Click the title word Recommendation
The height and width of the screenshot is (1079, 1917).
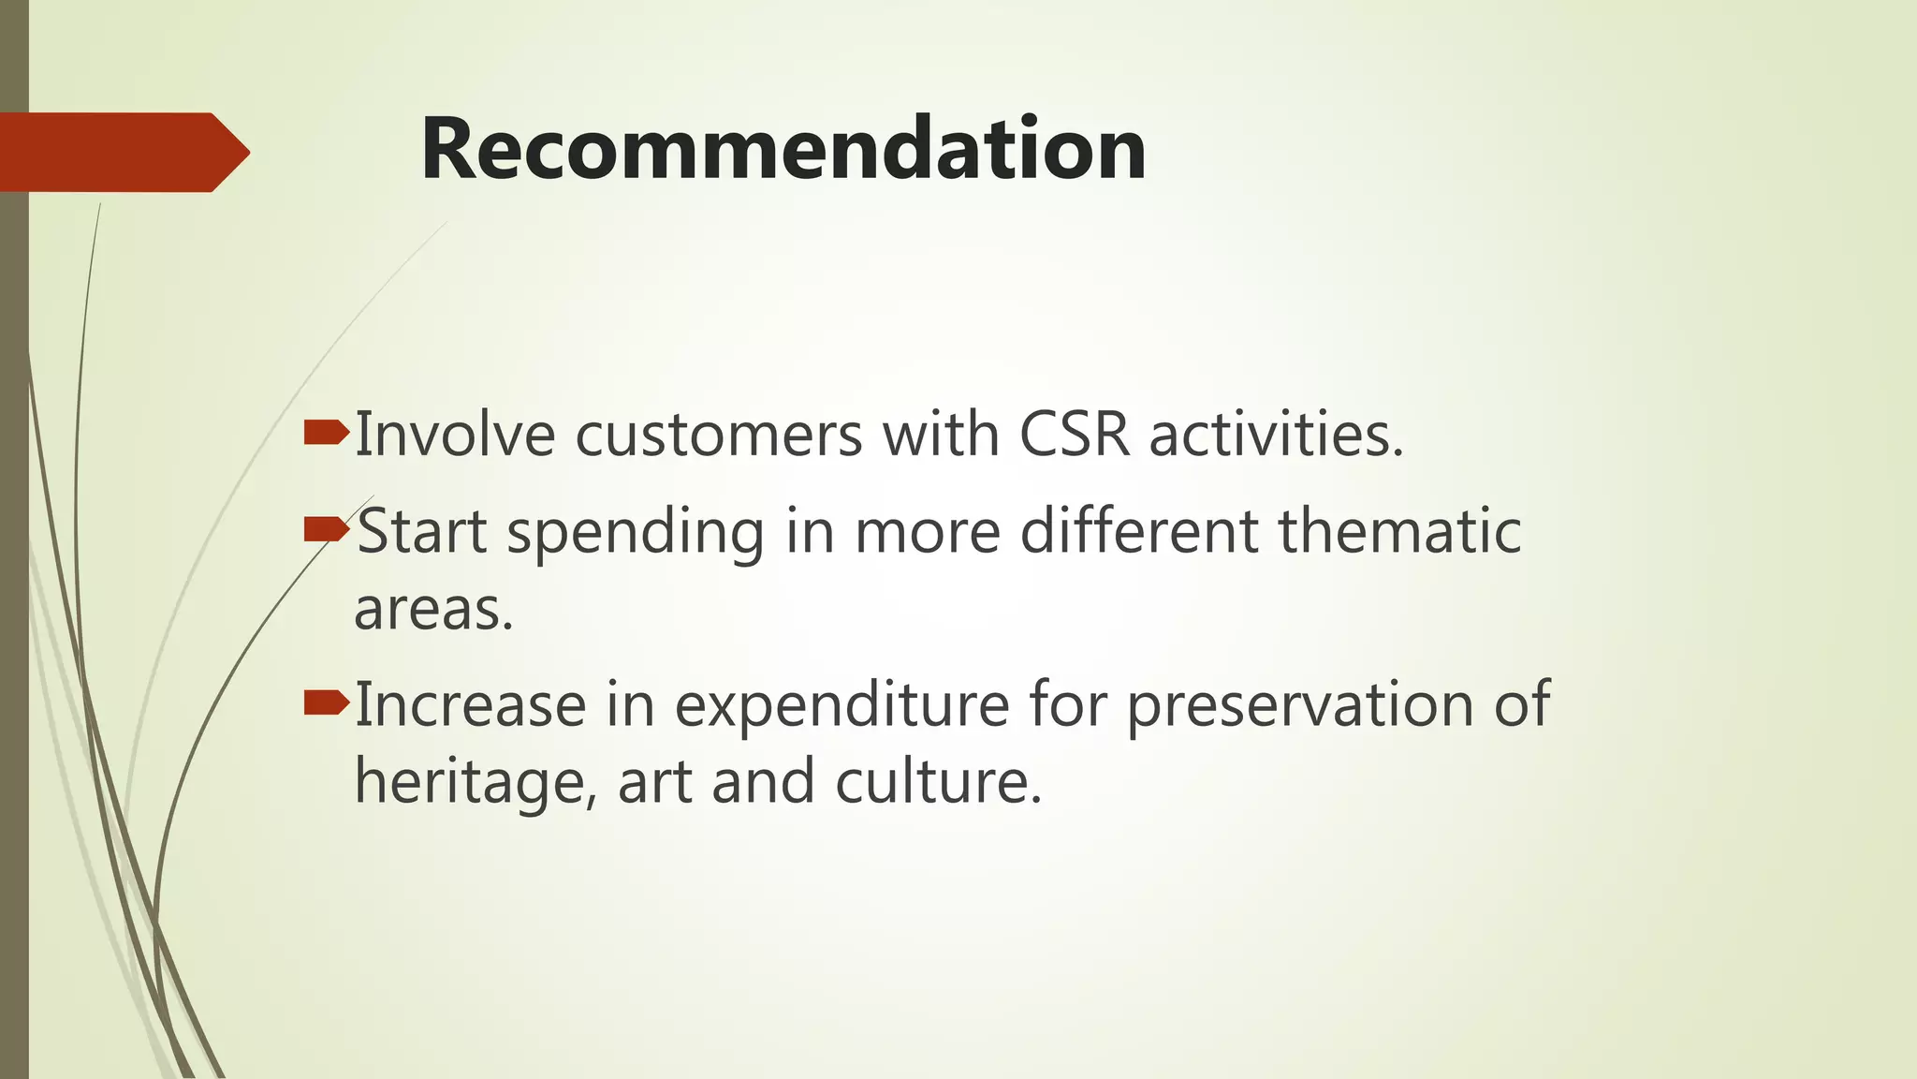(x=783, y=149)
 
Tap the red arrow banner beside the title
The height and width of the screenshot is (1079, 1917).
(x=122, y=152)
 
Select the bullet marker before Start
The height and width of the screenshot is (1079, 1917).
(x=326, y=531)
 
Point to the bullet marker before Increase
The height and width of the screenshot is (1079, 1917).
(x=326, y=702)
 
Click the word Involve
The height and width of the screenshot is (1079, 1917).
(x=455, y=436)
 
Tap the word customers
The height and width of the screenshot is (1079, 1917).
(x=718, y=436)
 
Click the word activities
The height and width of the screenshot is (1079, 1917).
(x=1276, y=436)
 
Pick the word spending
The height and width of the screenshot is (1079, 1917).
(x=635, y=532)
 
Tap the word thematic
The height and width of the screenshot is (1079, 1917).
(x=1399, y=532)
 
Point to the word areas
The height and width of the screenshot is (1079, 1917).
(x=433, y=611)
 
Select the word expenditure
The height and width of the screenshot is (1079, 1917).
(x=841, y=705)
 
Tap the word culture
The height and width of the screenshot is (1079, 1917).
(x=937, y=783)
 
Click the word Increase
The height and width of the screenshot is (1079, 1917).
(x=470, y=705)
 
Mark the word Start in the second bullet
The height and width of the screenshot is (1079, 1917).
(x=422, y=532)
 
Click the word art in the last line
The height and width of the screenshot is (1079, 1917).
(x=654, y=783)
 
